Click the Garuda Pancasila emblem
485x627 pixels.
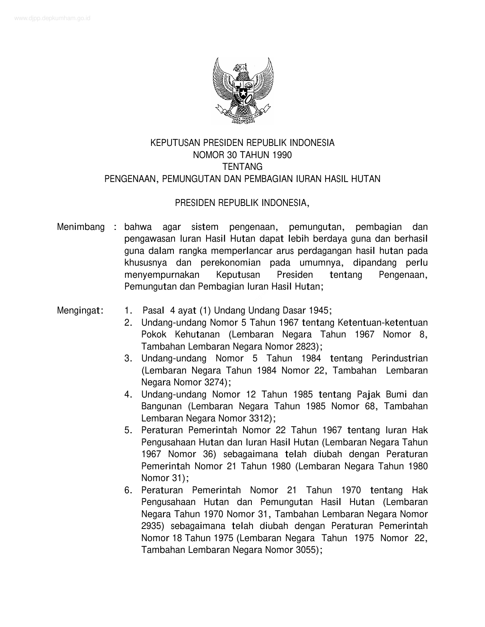243,90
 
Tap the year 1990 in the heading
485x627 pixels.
281,155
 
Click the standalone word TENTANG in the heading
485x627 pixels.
242,167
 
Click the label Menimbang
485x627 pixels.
81,227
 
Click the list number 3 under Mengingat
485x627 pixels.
127,358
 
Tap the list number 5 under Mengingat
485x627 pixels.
127,430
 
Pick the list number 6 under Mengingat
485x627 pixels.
127,490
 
